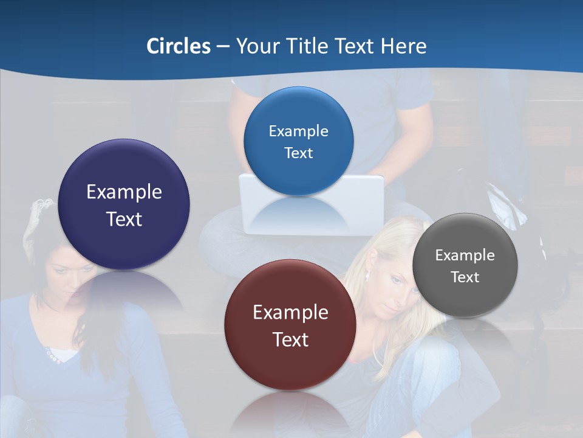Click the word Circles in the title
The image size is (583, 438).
coord(179,46)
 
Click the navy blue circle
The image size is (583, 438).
coord(124,204)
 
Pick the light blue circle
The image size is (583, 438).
coord(298,141)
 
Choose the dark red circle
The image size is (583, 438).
coord(290,325)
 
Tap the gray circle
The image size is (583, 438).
coord(465,265)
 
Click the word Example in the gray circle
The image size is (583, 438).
coord(465,255)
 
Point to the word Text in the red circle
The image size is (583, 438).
coord(291,339)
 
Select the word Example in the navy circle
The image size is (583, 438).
coord(124,192)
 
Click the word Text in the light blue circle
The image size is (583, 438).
coord(298,153)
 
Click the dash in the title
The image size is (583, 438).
coord(223,47)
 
